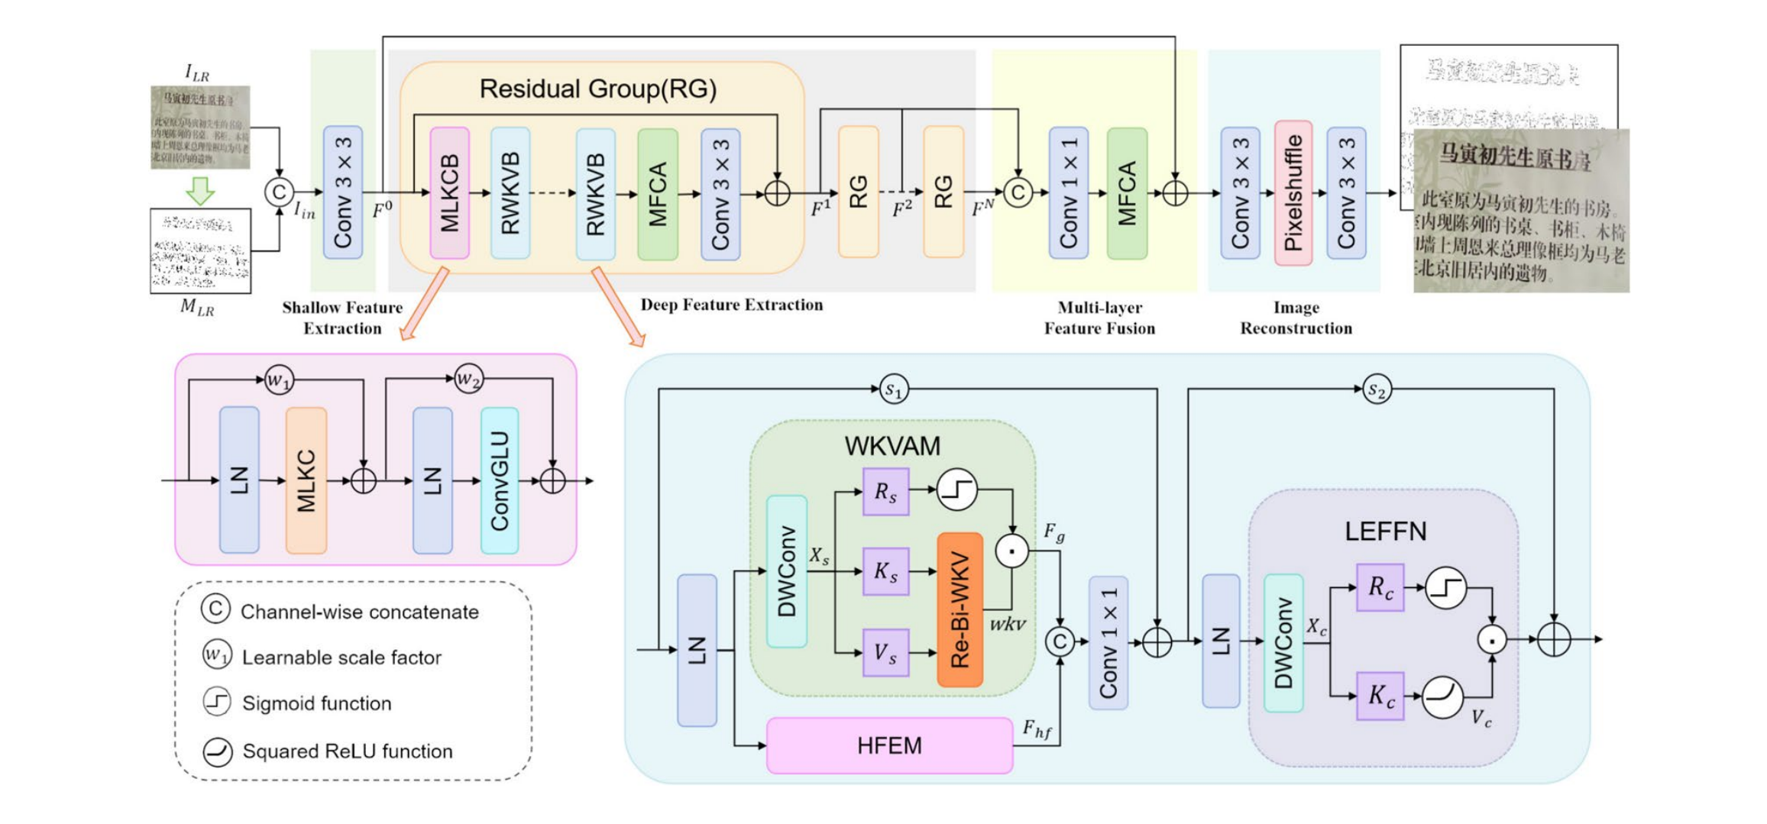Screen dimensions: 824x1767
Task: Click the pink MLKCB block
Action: coord(449,192)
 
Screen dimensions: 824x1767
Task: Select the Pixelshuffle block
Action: coord(1293,192)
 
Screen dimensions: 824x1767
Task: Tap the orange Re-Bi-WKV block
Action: coord(960,609)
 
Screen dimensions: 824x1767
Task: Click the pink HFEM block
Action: coord(889,745)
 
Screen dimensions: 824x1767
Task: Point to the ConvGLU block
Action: coord(500,480)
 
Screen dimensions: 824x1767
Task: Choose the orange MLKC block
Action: coord(306,480)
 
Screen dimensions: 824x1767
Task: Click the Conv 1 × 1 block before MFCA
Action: coord(1068,192)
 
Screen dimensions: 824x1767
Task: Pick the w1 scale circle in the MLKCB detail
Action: coord(279,380)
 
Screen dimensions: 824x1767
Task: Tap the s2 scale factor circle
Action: coord(1377,390)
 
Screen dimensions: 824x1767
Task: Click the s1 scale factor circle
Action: coord(894,389)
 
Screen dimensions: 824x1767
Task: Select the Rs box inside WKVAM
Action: coord(885,492)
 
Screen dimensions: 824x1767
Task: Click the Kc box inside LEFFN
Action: coord(1380,696)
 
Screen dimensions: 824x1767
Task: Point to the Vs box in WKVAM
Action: coord(885,652)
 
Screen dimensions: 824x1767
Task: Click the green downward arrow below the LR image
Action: coord(200,190)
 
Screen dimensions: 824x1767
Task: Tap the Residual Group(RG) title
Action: coord(597,89)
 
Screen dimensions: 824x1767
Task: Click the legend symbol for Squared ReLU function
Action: coord(217,751)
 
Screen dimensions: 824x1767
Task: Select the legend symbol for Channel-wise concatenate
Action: coord(215,609)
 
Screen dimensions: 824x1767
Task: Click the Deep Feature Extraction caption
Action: coord(731,305)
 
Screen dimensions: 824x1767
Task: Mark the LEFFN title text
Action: coord(1385,532)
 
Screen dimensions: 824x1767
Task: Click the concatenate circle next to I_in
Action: coord(279,192)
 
